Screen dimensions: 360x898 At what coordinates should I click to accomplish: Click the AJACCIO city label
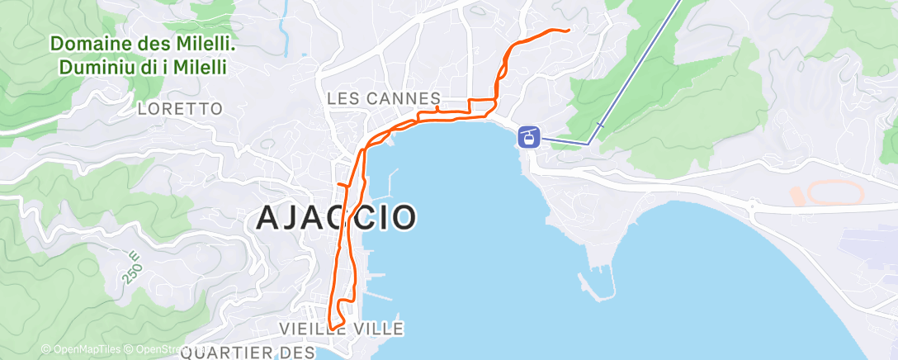pos(335,217)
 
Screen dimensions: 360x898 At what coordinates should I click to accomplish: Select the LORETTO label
pos(181,108)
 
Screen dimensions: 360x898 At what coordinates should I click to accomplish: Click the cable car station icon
pos(528,136)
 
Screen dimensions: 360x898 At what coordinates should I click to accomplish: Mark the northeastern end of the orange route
pos(569,31)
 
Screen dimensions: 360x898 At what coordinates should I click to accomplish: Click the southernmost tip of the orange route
pos(333,328)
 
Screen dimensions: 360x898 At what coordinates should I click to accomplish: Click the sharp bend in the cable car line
pos(588,143)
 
